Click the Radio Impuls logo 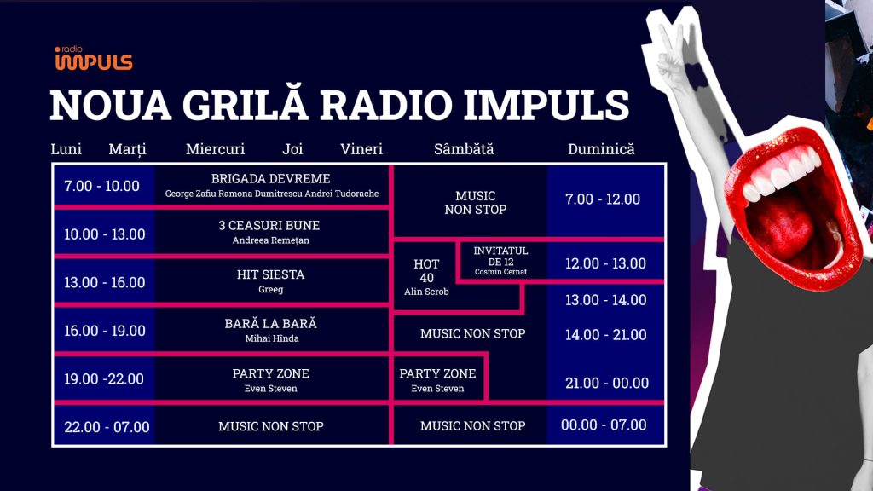(94, 59)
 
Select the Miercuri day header (215, 149)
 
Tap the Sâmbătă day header (464, 149)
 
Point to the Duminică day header (601, 149)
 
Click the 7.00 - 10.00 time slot (101, 186)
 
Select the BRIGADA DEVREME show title (271, 179)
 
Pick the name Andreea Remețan (271, 240)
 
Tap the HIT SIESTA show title (270, 275)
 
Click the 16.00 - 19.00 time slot (105, 331)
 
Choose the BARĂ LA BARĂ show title (270, 324)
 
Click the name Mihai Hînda (270, 338)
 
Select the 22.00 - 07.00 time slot (107, 427)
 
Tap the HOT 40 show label (426, 271)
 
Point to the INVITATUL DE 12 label (500, 256)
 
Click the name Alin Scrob (426, 292)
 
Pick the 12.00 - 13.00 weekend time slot (605, 263)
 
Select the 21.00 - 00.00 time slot (607, 383)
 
